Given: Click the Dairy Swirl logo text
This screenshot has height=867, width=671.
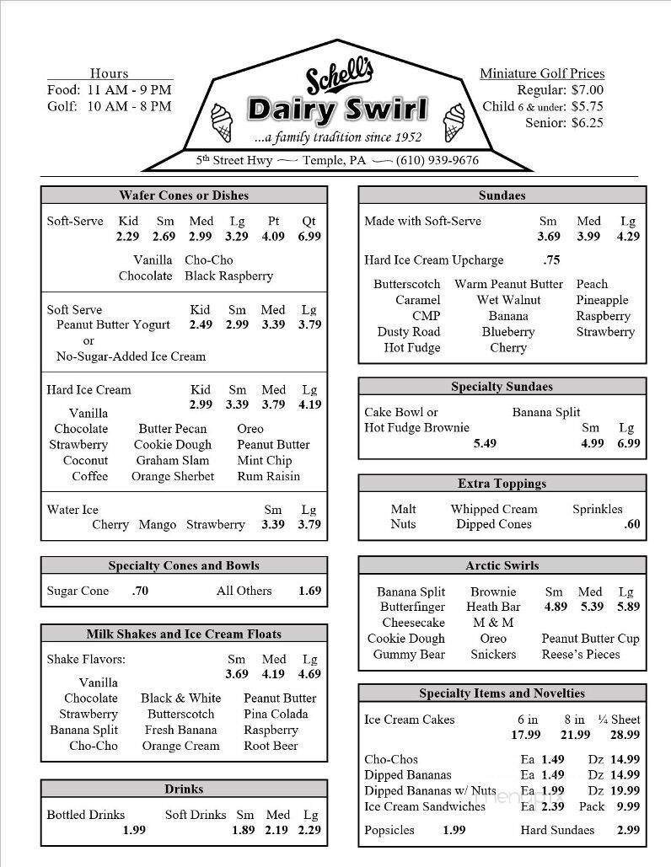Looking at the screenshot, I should click(x=337, y=110).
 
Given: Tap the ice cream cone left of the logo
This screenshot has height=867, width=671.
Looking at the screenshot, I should click(x=221, y=121).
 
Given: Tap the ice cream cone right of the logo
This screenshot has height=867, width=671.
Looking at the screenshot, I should click(x=454, y=121).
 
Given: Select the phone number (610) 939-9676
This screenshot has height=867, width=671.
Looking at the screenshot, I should click(x=437, y=160).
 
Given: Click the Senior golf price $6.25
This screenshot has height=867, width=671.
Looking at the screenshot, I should click(x=588, y=122).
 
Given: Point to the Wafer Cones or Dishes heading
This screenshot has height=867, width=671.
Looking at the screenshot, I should click(x=184, y=195).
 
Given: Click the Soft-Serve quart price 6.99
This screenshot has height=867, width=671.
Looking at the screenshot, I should click(x=309, y=237).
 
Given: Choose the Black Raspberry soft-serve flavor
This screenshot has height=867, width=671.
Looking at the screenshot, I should click(x=229, y=276).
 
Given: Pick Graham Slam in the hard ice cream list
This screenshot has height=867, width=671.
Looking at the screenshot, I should click(x=173, y=460).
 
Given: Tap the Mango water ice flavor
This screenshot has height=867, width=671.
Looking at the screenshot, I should click(x=158, y=524).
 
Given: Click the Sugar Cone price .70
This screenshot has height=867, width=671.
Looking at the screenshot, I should click(x=140, y=591).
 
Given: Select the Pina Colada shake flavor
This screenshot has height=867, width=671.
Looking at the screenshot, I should click(x=276, y=714).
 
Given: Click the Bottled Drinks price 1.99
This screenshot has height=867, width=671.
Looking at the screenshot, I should click(x=134, y=830).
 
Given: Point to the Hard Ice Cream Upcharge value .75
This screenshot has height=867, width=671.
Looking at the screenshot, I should click(x=551, y=260).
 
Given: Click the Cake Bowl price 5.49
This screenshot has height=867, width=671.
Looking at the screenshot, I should click(x=485, y=443).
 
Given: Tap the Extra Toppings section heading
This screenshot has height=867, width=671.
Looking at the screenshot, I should click(x=502, y=484).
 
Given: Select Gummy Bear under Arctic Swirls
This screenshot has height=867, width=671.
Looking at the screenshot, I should click(x=409, y=654).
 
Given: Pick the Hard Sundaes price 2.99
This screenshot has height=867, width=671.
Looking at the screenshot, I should click(x=628, y=830).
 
